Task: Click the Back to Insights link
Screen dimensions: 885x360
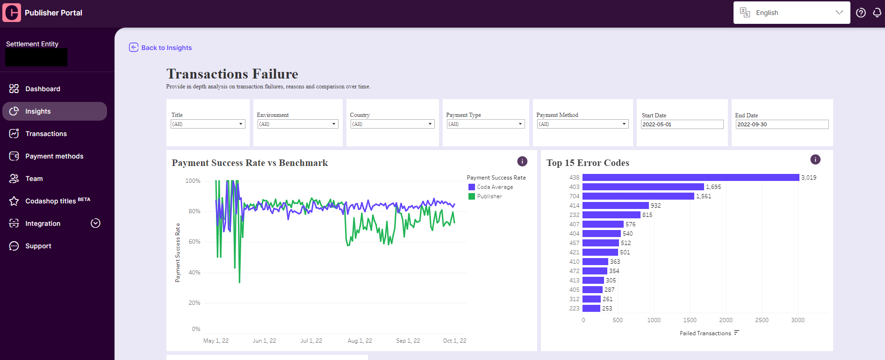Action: click(x=160, y=48)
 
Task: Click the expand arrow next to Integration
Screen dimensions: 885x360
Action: click(x=95, y=223)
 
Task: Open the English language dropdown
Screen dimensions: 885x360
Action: click(x=791, y=13)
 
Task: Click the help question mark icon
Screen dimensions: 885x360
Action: click(x=861, y=13)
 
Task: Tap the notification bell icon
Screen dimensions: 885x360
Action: click(x=877, y=13)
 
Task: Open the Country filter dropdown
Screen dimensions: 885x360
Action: click(x=393, y=124)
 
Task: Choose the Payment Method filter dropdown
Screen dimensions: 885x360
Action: click(x=583, y=124)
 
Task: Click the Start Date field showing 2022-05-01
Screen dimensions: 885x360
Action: click(x=682, y=124)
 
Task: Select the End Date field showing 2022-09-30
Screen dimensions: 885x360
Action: click(x=782, y=124)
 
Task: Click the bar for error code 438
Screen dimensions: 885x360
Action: click(x=691, y=178)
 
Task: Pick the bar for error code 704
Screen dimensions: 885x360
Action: click(x=638, y=196)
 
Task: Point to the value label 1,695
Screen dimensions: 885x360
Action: click(x=713, y=187)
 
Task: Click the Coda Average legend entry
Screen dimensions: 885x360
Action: click(x=491, y=187)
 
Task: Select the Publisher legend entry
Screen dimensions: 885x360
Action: click(x=485, y=196)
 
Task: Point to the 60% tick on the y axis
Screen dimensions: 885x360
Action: click(x=194, y=242)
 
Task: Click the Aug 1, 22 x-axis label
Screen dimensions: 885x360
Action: click(x=360, y=341)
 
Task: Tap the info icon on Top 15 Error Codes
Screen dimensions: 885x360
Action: click(x=815, y=159)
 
